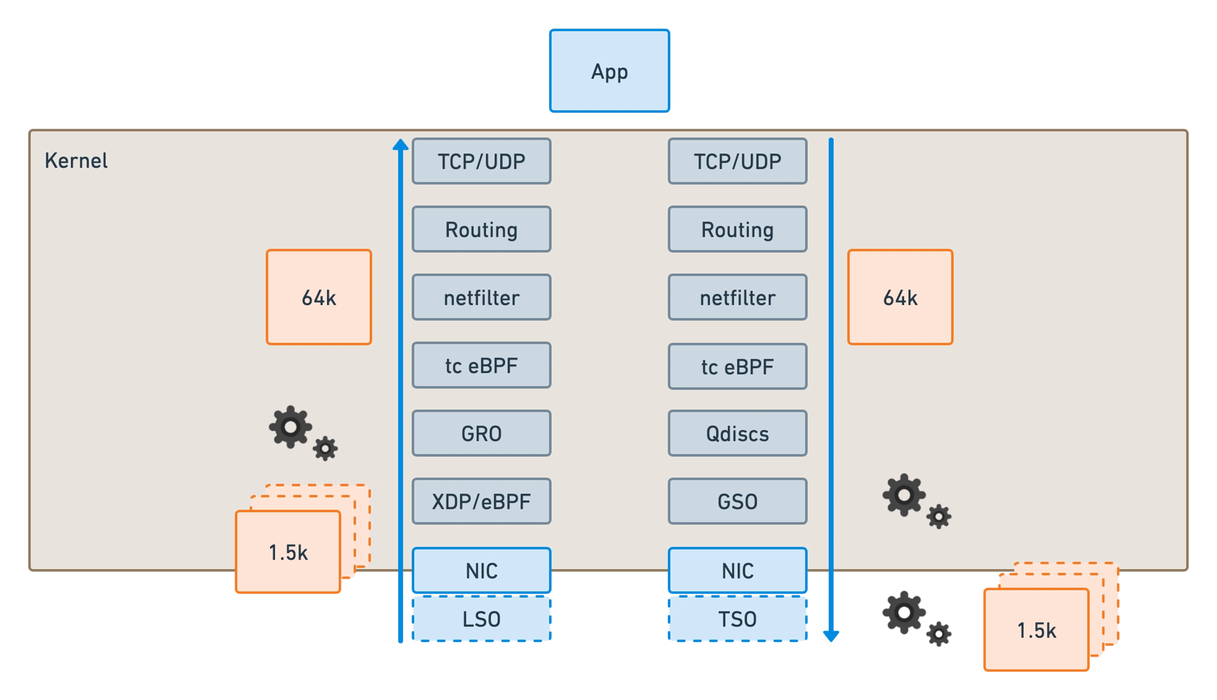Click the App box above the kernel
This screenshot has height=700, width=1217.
pos(609,71)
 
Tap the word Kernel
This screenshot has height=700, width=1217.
pos(76,161)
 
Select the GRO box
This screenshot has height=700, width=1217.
pos(481,433)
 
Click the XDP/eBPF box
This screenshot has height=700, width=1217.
pos(481,501)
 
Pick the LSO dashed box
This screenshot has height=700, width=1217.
pos(481,619)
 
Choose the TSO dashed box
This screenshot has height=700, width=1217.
pos(737,619)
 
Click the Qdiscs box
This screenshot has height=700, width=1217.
pos(737,433)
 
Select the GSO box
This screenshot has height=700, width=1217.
pos(737,501)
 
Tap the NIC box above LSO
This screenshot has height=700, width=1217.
pos(481,570)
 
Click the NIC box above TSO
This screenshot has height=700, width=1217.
pos(737,570)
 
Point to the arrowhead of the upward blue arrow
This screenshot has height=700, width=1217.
pos(401,145)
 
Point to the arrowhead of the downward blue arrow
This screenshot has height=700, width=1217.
pos(831,636)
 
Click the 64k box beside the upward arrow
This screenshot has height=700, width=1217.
pos(319,297)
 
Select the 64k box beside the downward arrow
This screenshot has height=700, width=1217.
pos(900,297)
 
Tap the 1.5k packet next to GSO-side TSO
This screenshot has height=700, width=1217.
pos(1036,630)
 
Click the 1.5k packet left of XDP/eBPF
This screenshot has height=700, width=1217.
pos(288,552)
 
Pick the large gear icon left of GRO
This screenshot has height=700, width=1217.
pos(290,427)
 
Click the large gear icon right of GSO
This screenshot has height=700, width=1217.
pos(904,495)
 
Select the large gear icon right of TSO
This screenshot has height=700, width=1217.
pos(904,613)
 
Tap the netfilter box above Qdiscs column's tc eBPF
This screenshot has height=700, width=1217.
pos(737,297)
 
